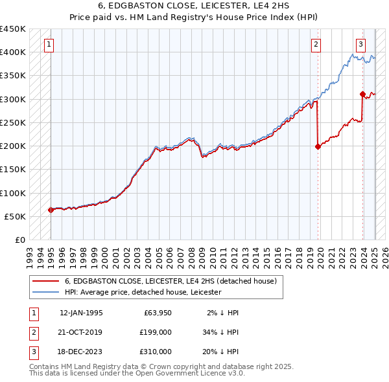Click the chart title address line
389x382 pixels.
tap(194, 6)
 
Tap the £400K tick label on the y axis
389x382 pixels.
tap(13, 52)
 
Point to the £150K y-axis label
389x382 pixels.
tap(13, 170)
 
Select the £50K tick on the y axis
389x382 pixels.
tap(16, 216)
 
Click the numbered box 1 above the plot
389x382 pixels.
tap(50, 45)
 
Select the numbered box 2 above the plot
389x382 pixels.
tap(316, 45)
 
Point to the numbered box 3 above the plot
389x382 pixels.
tap(360, 45)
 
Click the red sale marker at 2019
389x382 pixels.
tap(318, 146)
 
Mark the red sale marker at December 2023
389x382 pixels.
tap(362, 95)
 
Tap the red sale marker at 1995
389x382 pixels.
tap(51, 210)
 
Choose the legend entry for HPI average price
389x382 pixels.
tap(143, 292)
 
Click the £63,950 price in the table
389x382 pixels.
tap(155, 313)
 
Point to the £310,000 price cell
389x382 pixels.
tap(155, 352)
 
